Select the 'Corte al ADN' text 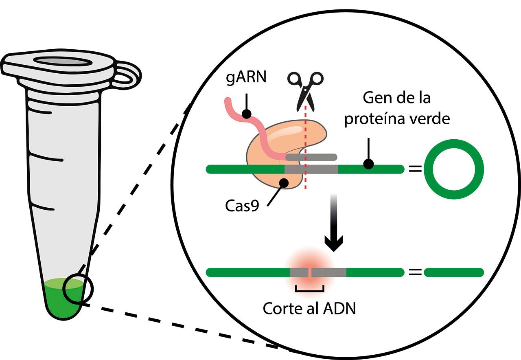[x=309, y=308]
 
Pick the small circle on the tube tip [x=78, y=289]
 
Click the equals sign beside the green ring [x=415, y=169]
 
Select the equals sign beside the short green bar [x=415, y=272]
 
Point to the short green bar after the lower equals [x=453, y=272]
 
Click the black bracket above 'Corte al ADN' [x=309, y=290]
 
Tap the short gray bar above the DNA [x=311, y=157]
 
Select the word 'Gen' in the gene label [x=376, y=99]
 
